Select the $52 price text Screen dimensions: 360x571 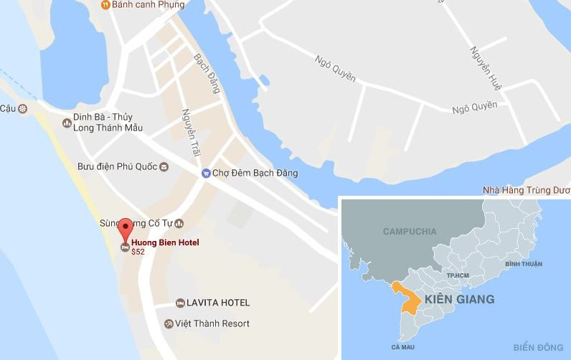(138, 252)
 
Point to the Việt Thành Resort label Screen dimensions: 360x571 (212, 323)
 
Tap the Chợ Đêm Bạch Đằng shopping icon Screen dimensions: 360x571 (206, 173)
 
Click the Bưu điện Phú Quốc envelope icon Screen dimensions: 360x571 (164, 167)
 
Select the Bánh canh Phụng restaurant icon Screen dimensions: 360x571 (105, 5)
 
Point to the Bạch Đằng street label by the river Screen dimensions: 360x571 (207, 73)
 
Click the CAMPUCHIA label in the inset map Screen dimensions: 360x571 (410, 232)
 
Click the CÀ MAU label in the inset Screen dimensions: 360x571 (404, 346)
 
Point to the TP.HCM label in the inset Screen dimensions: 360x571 (457, 275)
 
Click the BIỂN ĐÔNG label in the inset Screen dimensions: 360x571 (539, 348)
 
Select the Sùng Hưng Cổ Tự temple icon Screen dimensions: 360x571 (179, 223)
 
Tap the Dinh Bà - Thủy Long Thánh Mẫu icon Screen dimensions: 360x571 (66, 123)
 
